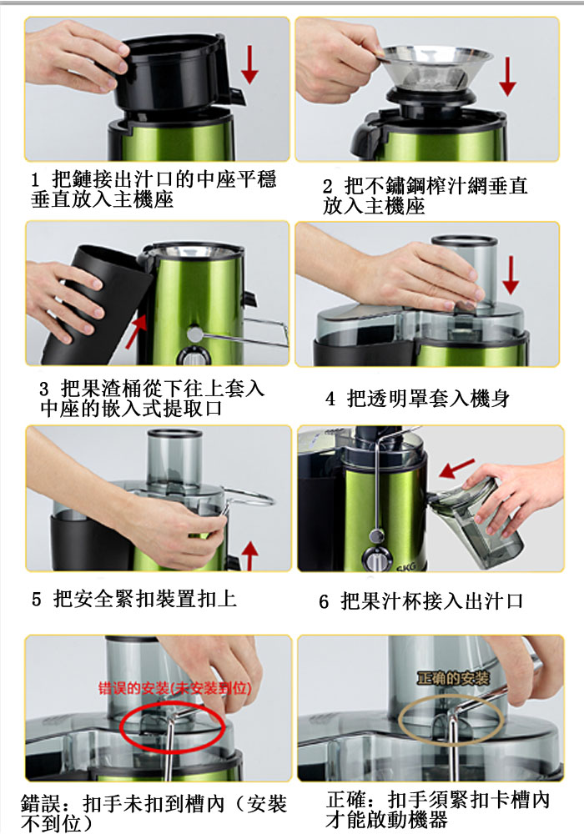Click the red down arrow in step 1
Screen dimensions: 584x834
pyautogui.click(x=249, y=64)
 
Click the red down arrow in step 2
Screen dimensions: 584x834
pyautogui.click(x=508, y=76)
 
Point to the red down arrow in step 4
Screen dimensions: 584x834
pyautogui.click(x=511, y=274)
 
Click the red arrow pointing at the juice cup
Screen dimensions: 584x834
pyautogui.click(x=457, y=468)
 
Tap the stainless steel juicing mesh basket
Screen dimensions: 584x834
pyautogui.click(x=437, y=66)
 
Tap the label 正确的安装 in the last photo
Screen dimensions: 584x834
pyautogui.click(x=453, y=678)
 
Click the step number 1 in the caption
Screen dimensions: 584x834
pyautogui.click(x=35, y=180)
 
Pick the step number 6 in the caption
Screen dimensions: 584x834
pyautogui.click(x=324, y=601)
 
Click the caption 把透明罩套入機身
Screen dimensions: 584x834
pyautogui.click(x=428, y=398)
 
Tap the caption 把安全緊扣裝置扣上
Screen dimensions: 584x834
pyautogui.click(x=144, y=599)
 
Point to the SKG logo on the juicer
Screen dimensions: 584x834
pyautogui.click(x=405, y=566)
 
